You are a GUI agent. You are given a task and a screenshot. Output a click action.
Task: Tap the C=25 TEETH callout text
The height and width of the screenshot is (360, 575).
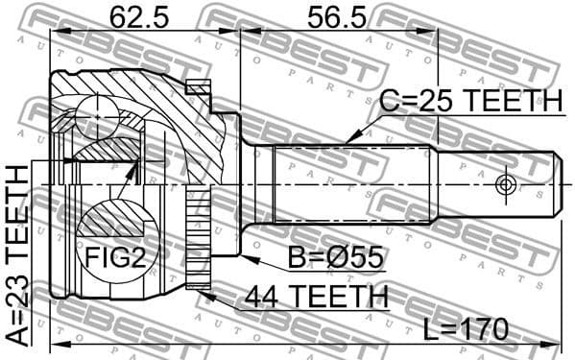[469, 101]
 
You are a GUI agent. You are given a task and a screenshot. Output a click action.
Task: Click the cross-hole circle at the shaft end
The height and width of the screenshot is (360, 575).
[506, 183]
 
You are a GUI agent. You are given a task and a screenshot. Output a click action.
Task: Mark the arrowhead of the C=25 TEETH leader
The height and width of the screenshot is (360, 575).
[348, 142]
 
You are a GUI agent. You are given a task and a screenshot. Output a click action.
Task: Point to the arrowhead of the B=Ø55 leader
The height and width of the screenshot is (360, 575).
[246, 256]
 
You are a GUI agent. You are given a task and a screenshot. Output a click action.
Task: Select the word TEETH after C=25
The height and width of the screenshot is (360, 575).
[515, 101]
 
